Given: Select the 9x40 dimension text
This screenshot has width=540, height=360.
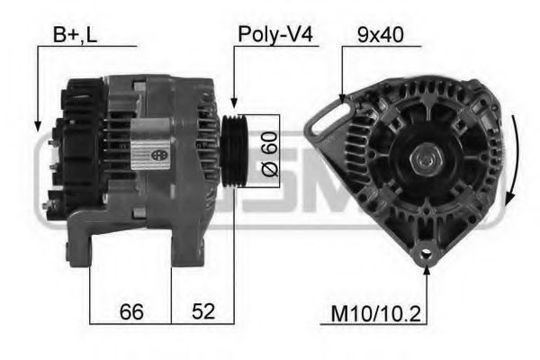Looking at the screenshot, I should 379,35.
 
